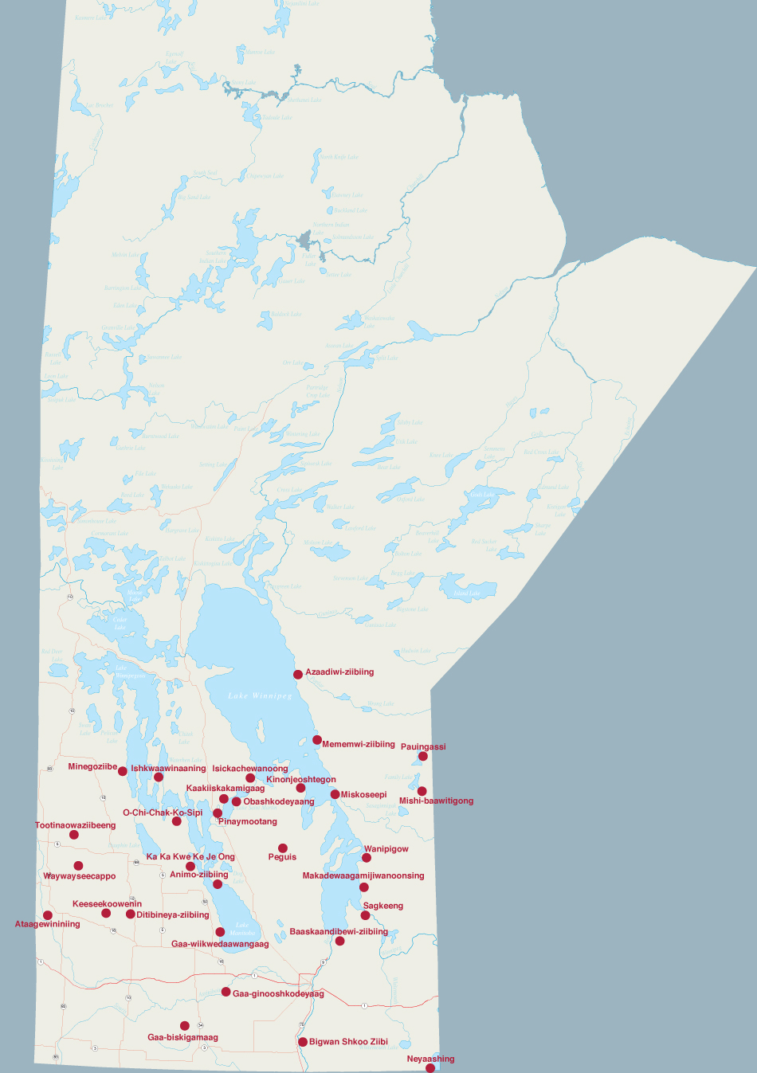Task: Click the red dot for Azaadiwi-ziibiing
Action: click(x=298, y=674)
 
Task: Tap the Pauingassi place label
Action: click(x=423, y=746)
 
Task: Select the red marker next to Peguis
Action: click(x=283, y=848)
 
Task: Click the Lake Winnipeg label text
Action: click(x=260, y=695)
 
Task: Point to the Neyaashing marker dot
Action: click(x=430, y=1068)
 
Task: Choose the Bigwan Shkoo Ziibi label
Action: click(x=348, y=1041)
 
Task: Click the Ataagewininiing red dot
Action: click(x=48, y=915)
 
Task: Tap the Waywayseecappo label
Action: click(x=80, y=876)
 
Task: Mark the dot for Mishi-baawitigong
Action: click(x=422, y=791)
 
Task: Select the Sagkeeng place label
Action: click(x=383, y=906)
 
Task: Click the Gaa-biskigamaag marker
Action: click(x=185, y=1026)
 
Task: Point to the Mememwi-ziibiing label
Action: click(x=358, y=744)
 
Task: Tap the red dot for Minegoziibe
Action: click(x=123, y=771)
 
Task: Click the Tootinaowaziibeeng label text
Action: click(x=75, y=825)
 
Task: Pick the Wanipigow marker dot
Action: click(x=367, y=858)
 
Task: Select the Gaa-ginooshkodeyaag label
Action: click(x=278, y=993)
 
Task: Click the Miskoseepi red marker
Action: click(x=335, y=794)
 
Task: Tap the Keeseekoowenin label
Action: click(x=107, y=904)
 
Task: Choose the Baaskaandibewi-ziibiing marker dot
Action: click(x=340, y=941)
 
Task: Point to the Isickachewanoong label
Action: click(x=250, y=769)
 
